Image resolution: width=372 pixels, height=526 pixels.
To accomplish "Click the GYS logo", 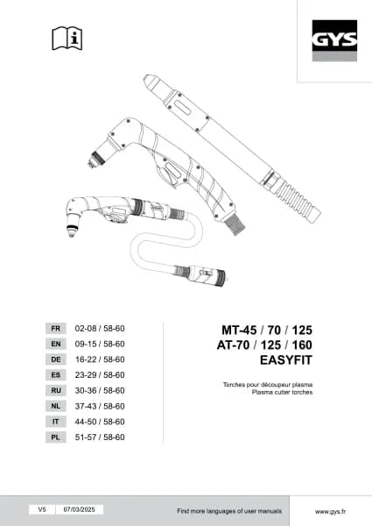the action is (x=334, y=40).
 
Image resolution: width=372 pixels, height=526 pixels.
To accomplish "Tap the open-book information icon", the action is (x=67, y=39).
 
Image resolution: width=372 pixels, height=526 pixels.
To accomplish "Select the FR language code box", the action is (x=56, y=329).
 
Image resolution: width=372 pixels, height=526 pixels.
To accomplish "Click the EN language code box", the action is (x=56, y=344).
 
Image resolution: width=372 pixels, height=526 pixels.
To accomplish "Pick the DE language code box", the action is (x=56, y=359).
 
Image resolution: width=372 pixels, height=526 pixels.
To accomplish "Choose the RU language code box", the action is (x=56, y=390).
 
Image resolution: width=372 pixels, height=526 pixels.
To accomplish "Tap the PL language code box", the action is (x=56, y=437).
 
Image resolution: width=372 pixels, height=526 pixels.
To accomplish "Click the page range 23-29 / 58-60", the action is (x=100, y=374).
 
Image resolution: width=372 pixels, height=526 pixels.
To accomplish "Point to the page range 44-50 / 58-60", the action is (x=100, y=422).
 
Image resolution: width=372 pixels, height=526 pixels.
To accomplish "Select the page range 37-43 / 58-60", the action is (x=100, y=406).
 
